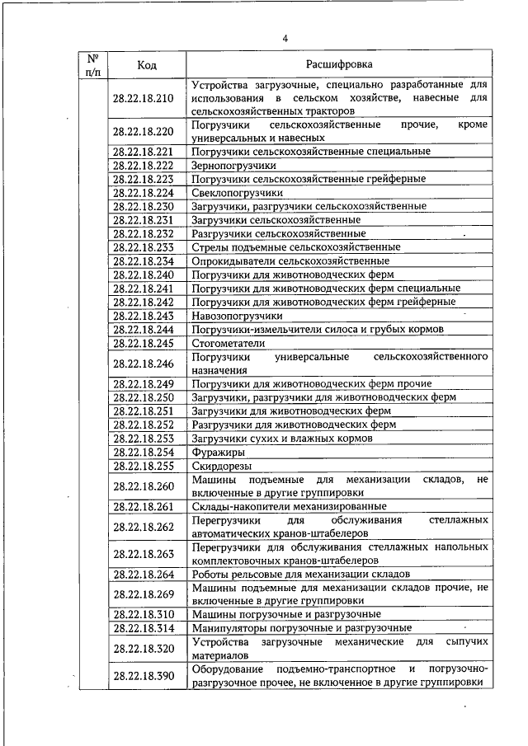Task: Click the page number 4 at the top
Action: click(285, 39)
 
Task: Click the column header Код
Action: click(148, 64)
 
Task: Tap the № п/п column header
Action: click(92, 64)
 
